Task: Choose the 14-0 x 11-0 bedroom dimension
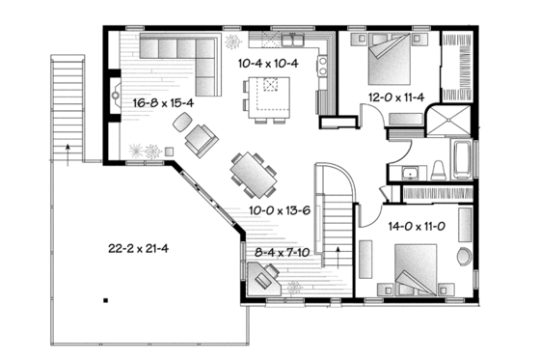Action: point(420,229)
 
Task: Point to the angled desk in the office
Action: point(264,278)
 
